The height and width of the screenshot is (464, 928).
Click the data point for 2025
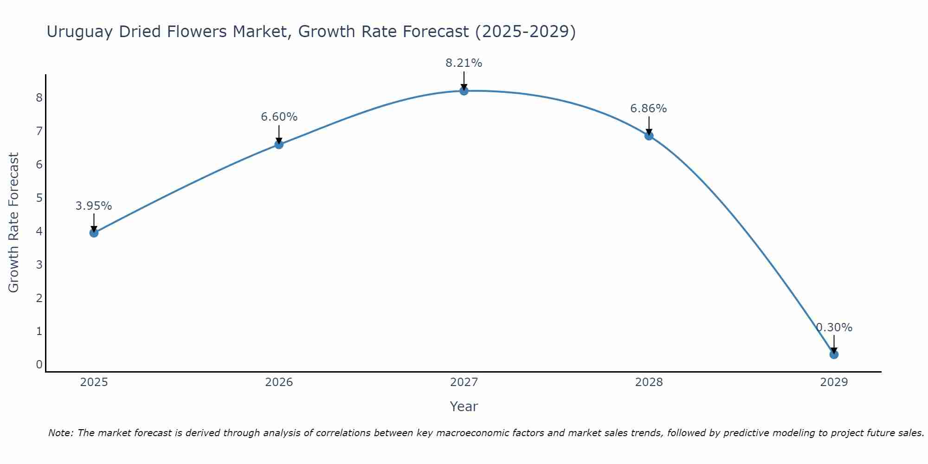(x=94, y=232)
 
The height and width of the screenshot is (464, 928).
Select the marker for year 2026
(x=279, y=144)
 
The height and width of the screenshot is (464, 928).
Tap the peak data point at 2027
(x=464, y=90)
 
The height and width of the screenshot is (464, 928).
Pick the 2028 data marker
(x=649, y=135)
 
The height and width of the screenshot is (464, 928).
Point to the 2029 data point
(x=834, y=354)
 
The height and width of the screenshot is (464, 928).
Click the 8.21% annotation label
(x=464, y=63)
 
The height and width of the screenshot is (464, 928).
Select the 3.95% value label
(x=94, y=206)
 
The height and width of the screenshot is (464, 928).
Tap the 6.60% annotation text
(x=279, y=117)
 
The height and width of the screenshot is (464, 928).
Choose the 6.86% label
(x=649, y=109)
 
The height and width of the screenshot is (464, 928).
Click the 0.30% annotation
(x=834, y=328)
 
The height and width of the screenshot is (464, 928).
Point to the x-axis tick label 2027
(x=464, y=382)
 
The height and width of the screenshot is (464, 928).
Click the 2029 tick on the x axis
(x=834, y=382)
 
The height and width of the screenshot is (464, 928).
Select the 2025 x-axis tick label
(x=94, y=382)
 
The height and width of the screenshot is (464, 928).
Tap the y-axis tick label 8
(x=39, y=97)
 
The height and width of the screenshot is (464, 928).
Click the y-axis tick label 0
(x=39, y=365)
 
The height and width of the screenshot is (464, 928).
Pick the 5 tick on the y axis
(x=39, y=198)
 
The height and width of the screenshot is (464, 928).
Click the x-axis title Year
(x=464, y=406)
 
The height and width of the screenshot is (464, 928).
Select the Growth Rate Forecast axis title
(x=14, y=223)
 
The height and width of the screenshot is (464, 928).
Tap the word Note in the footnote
(x=60, y=433)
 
